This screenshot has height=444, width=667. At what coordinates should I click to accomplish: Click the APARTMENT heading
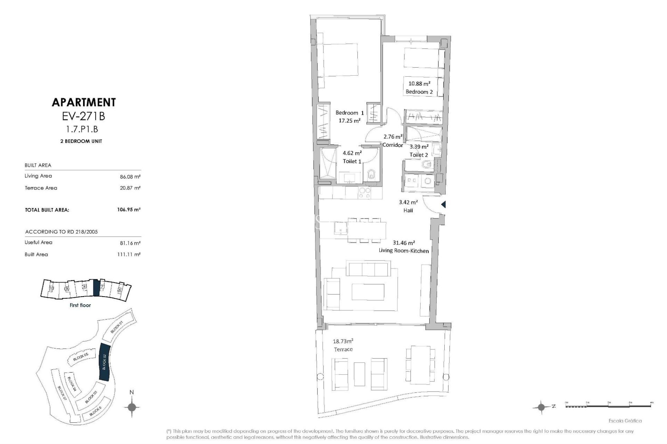point(83,102)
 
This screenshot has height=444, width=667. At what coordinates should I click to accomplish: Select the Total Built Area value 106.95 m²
point(129,210)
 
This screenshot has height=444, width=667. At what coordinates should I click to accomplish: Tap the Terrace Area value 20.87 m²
point(130,188)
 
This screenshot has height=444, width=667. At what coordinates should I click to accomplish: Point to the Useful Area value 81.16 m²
point(130,243)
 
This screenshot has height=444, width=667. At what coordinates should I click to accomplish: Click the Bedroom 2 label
point(419,92)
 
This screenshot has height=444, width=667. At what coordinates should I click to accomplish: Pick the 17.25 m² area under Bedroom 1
point(349,121)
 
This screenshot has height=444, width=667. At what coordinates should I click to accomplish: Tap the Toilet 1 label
point(352,161)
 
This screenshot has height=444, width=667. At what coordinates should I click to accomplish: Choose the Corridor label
point(393,145)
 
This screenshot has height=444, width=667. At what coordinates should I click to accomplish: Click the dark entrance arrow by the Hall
point(443,205)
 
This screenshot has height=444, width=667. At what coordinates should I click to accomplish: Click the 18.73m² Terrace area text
point(343,341)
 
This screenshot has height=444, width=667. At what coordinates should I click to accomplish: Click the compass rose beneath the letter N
point(132,407)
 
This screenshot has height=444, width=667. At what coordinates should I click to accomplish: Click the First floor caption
point(80,305)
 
